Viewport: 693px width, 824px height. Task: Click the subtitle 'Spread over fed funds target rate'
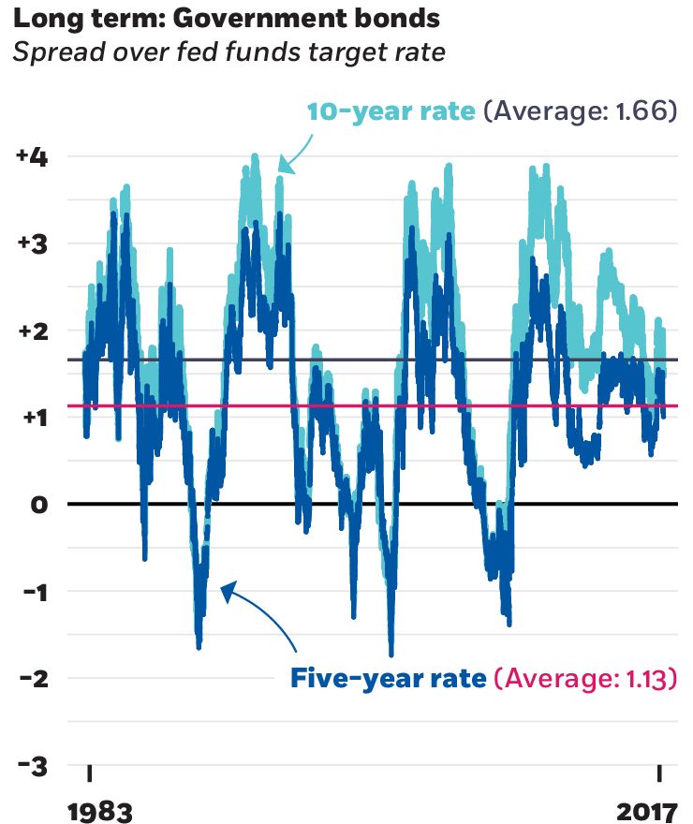[x=229, y=51]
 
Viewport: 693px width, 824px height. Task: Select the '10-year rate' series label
[x=392, y=112]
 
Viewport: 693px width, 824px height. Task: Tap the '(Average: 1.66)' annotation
[x=580, y=112]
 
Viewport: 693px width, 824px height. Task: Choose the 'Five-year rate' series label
[x=388, y=679]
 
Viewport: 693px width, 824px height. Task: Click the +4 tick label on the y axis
[x=34, y=157]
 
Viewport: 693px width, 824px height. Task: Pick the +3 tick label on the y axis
[x=34, y=244]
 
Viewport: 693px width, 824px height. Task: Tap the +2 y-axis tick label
[x=34, y=331]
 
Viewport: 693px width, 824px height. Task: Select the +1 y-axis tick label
[x=34, y=418]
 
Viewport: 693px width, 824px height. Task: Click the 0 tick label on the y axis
[x=38, y=505]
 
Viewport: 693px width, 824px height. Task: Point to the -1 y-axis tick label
[x=36, y=592]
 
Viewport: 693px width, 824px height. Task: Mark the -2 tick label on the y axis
[x=34, y=678]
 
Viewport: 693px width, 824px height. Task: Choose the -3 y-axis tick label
[x=34, y=765]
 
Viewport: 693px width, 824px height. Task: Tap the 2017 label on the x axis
[x=647, y=807]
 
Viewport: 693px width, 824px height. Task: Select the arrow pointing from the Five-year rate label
[x=262, y=614]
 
